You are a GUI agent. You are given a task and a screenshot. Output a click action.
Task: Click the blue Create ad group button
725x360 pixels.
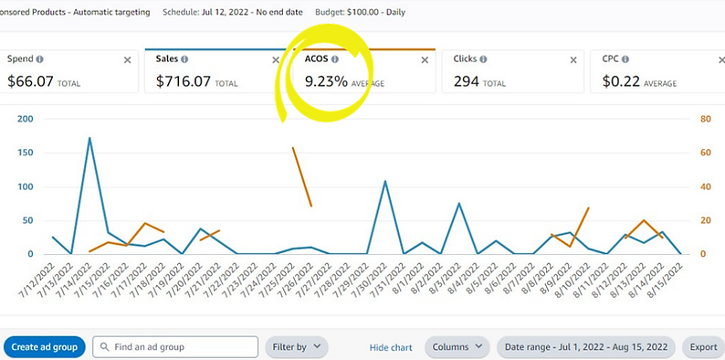pyautogui.click(x=45, y=347)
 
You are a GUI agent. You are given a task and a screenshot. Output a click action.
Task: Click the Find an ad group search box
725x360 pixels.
pyautogui.click(x=175, y=347)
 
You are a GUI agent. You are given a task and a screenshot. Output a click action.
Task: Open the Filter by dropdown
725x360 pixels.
pyautogui.click(x=296, y=347)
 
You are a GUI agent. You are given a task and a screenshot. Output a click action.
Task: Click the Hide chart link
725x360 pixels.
pyautogui.click(x=391, y=347)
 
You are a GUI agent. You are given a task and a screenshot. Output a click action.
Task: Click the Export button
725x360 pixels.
pyautogui.click(x=703, y=347)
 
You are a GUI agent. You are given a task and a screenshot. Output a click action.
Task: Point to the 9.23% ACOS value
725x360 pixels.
pyautogui.click(x=326, y=81)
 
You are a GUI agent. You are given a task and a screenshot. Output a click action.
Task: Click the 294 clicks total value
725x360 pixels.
pyautogui.click(x=466, y=81)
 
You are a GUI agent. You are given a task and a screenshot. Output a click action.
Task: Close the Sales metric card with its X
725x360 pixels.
pyautogui.click(x=276, y=60)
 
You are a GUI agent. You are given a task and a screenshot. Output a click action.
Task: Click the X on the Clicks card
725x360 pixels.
pyautogui.click(x=573, y=60)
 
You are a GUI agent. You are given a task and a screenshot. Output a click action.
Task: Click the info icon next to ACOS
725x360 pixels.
pyautogui.click(x=334, y=59)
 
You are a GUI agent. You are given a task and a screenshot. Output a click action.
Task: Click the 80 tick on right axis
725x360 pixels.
pyautogui.click(x=706, y=119)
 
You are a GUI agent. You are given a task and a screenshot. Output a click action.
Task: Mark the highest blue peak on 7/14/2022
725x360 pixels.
pyautogui.click(x=89, y=138)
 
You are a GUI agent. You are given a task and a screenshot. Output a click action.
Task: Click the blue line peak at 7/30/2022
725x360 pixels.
pyautogui.click(x=385, y=181)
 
